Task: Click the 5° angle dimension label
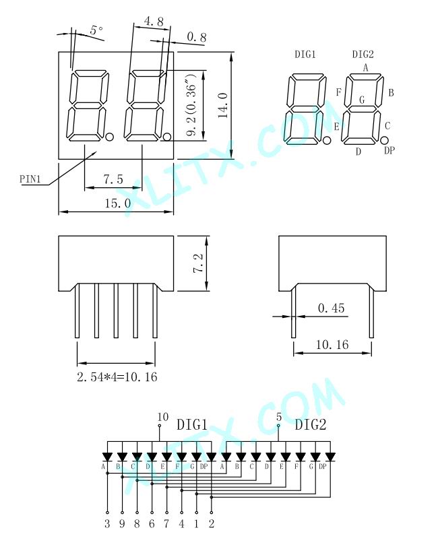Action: point(96,30)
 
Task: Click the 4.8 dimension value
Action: point(154,22)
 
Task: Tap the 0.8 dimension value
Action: point(197,37)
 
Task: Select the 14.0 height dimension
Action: point(223,106)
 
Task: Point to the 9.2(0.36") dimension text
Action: point(191,105)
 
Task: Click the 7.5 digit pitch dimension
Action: point(113,179)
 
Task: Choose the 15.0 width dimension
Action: point(117,203)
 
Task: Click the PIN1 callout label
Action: point(30,179)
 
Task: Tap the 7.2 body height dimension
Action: point(198,263)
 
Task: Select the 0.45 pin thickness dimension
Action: point(331,308)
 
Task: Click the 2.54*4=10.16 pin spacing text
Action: point(117,377)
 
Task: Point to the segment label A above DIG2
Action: point(365,67)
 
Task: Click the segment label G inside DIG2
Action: point(361,100)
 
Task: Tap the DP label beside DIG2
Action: point(389,150)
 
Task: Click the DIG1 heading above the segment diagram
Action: point(305,54)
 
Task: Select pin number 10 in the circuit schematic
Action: point(163,417)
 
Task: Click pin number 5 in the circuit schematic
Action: point(279,417)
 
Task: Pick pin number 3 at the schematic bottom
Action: point(107,523)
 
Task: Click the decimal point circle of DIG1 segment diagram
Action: point(327,141)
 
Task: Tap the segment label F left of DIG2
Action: point(338,92)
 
